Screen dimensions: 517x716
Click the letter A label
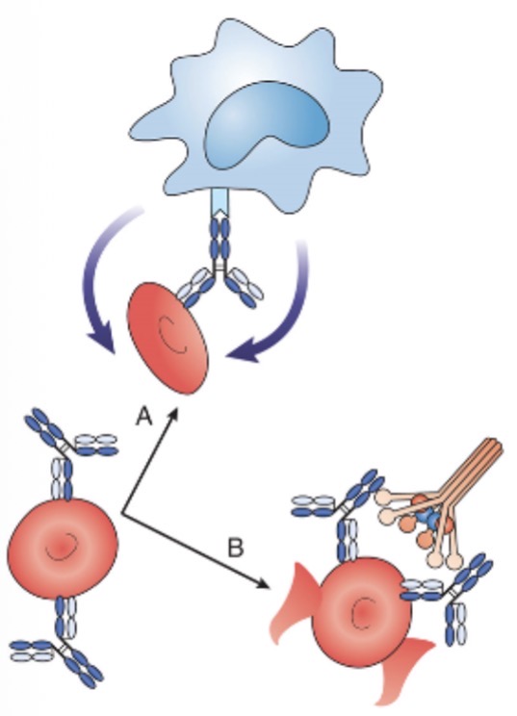(x=144, y=416)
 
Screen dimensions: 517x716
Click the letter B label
(x=235, y=547)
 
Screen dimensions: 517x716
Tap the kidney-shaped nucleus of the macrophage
(x=268, y=125)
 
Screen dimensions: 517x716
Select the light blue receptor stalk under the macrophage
(x=219, y=202)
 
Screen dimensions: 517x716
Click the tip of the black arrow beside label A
(x=175, y=407)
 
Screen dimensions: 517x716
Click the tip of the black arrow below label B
(x=268, y=586)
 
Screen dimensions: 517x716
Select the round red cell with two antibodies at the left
(x=63, y=548)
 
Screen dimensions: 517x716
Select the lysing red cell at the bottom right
(x=361, y=612)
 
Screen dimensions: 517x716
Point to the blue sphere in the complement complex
(x=427, y=519)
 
